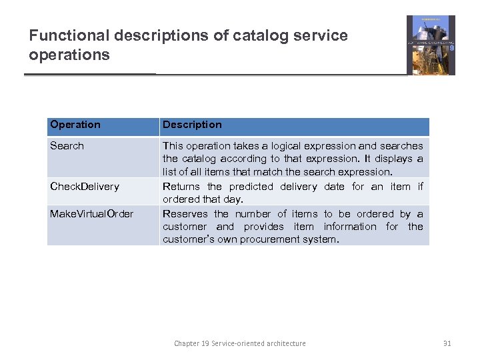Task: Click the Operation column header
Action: pos(75,125)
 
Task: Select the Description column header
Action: pos(192,125)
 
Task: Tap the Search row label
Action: pos(67,146)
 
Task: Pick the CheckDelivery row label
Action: pos(85,187)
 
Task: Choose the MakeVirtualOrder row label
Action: pos(91,214)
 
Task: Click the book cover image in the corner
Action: pos(431,45)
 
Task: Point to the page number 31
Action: pos(447,343)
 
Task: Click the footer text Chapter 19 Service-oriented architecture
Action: pos(240,343)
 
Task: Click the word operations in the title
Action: pos(69,55)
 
